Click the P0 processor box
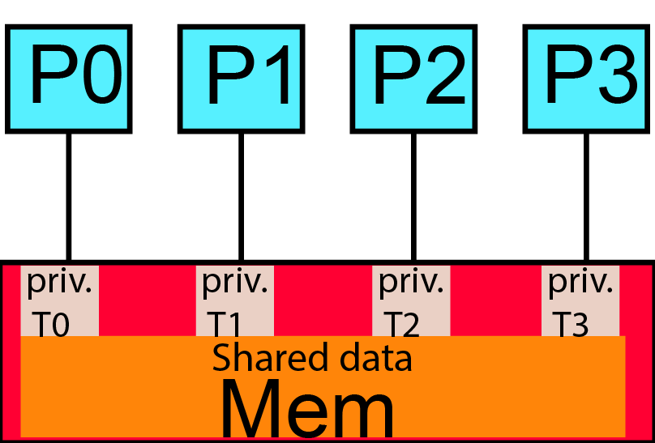[x=68, y=79]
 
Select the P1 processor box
[x=241, y=79]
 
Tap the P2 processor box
[x=413, y=79]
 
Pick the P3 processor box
[x=585, y=79]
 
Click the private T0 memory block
[x=59, y=300]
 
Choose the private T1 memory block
[x=235, y=300]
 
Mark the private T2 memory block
[x=411, y=300]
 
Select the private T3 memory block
[x=580, y=300]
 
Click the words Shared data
[x=312, y=357]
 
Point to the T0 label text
[x=51, y=325]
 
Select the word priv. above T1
[x=234, y=282]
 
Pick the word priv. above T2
[x=411, y=282]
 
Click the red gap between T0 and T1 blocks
[x=147, y=300]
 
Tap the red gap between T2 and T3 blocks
[x=495, y=300]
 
